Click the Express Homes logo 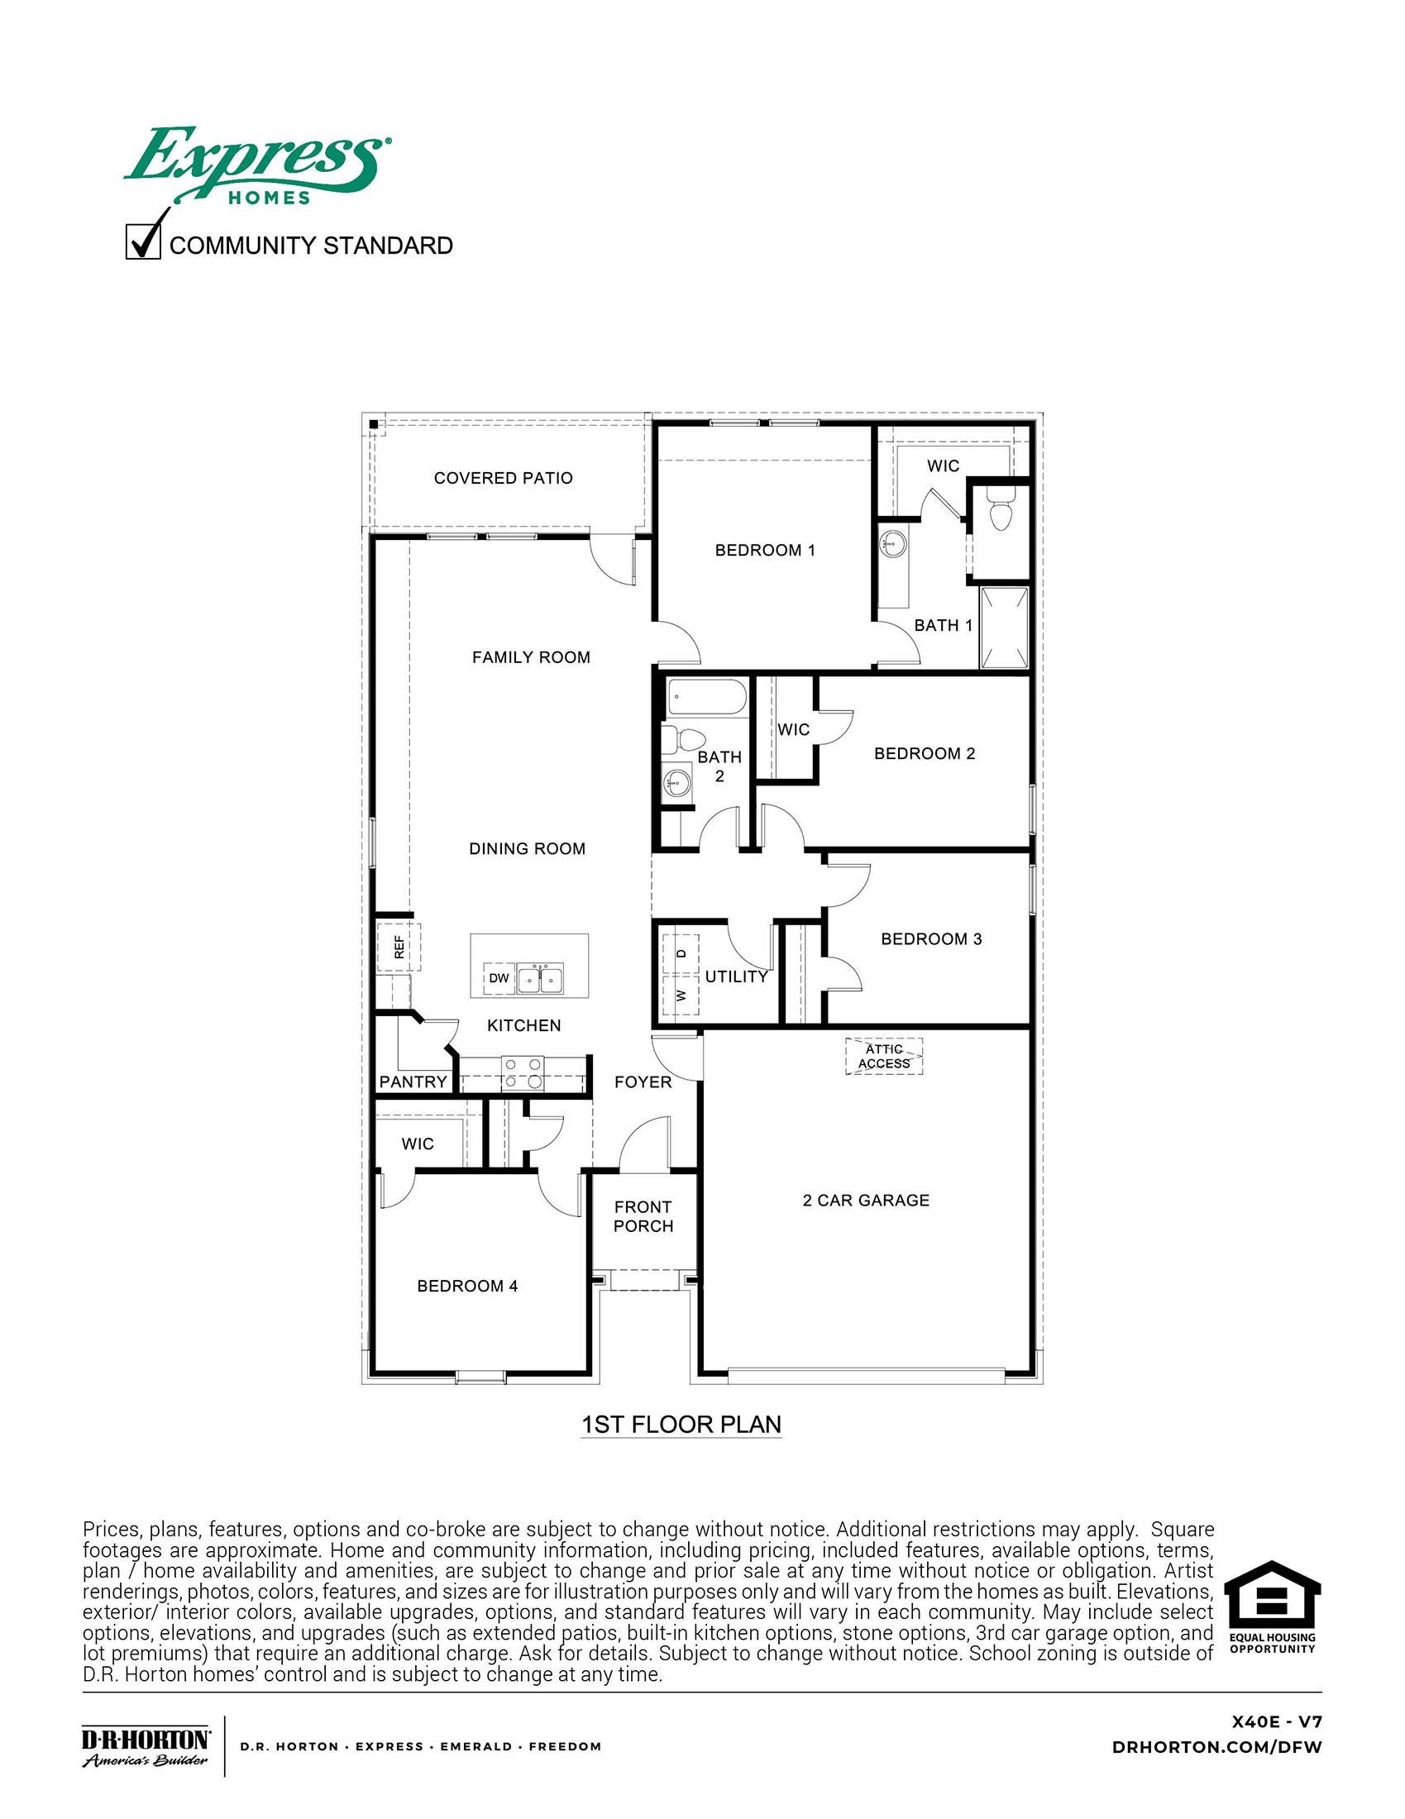pos(256,165)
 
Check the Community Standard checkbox pos(142,241)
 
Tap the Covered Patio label pos(503,478)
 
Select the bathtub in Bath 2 pos(707,697)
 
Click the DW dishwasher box pos(499,978)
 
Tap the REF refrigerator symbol pos(399,947)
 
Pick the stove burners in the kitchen pos(522,1073)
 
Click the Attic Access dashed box pos(884,1056)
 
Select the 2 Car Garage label pos(865,1201)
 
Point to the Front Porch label pos(643,1216)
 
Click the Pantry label pos(413,1082)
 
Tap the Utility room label pos(736,977)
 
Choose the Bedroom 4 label pos(467,1286)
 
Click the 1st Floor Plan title pos(681,1425)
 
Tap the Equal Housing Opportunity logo pos(1272,1607)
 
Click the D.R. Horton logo pos(146,1747)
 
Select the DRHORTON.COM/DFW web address pos(1216,1747)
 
